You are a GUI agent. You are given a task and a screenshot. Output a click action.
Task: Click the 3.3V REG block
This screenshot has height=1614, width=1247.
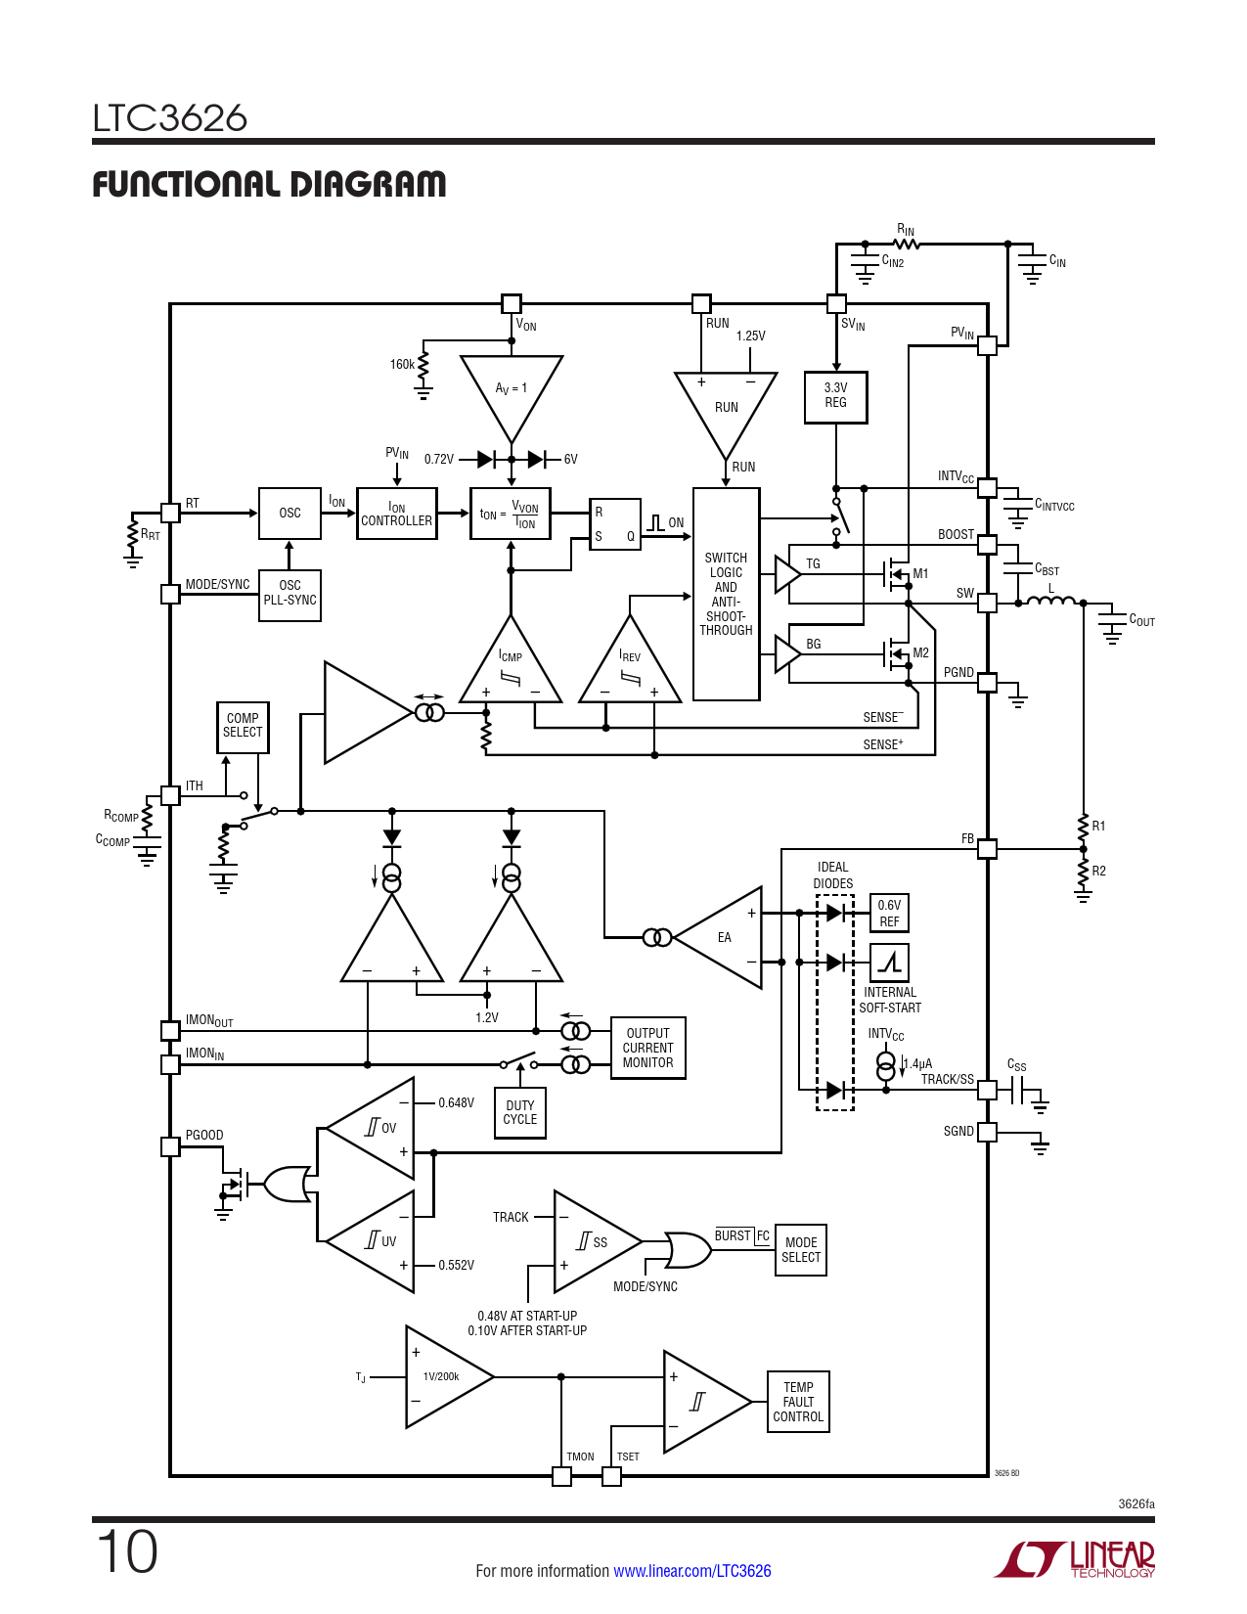click(835, 397)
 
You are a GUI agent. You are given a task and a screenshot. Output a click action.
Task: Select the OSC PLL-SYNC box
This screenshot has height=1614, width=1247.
click(289, 595)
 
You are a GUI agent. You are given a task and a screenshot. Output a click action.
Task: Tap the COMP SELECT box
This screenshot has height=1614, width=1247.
click(243, 727)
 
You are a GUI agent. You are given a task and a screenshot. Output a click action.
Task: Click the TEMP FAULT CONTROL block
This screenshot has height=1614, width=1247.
click(798, 1402)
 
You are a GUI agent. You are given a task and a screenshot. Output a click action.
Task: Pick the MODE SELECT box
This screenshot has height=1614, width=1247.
click(801, 1250)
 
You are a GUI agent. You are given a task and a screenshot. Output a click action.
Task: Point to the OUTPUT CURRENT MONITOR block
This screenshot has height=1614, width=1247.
click(647, 1048)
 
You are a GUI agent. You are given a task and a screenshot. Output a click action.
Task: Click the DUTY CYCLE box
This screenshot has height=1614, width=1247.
click(520, 1112)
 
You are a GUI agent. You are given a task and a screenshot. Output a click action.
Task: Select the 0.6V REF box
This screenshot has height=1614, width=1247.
click(889, 913)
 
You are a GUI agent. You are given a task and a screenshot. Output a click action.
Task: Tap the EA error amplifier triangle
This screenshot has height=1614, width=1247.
click(718, 937)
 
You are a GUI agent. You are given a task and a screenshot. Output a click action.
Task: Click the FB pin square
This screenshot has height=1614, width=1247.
click(987, 848)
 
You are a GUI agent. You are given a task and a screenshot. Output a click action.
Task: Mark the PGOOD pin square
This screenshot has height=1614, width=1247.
click(170, 1146)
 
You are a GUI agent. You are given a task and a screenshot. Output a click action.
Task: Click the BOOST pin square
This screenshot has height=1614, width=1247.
click(987, 545)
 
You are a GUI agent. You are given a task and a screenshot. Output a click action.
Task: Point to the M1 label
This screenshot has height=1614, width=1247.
click(920, 573)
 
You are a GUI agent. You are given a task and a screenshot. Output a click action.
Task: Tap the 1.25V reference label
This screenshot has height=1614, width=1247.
click(750, 336)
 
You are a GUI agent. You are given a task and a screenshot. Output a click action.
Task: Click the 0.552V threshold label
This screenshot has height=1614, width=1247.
click(456, 1265)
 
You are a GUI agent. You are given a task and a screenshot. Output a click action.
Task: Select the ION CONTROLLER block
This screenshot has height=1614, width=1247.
click(397, 514)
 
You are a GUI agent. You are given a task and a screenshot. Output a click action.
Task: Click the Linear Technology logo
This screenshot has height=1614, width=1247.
click(1074, 1558)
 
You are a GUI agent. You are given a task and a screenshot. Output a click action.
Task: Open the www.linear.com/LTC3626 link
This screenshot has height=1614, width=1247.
click(692, 1571)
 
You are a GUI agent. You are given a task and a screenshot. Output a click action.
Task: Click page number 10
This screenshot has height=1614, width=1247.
click(127, 1551)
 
